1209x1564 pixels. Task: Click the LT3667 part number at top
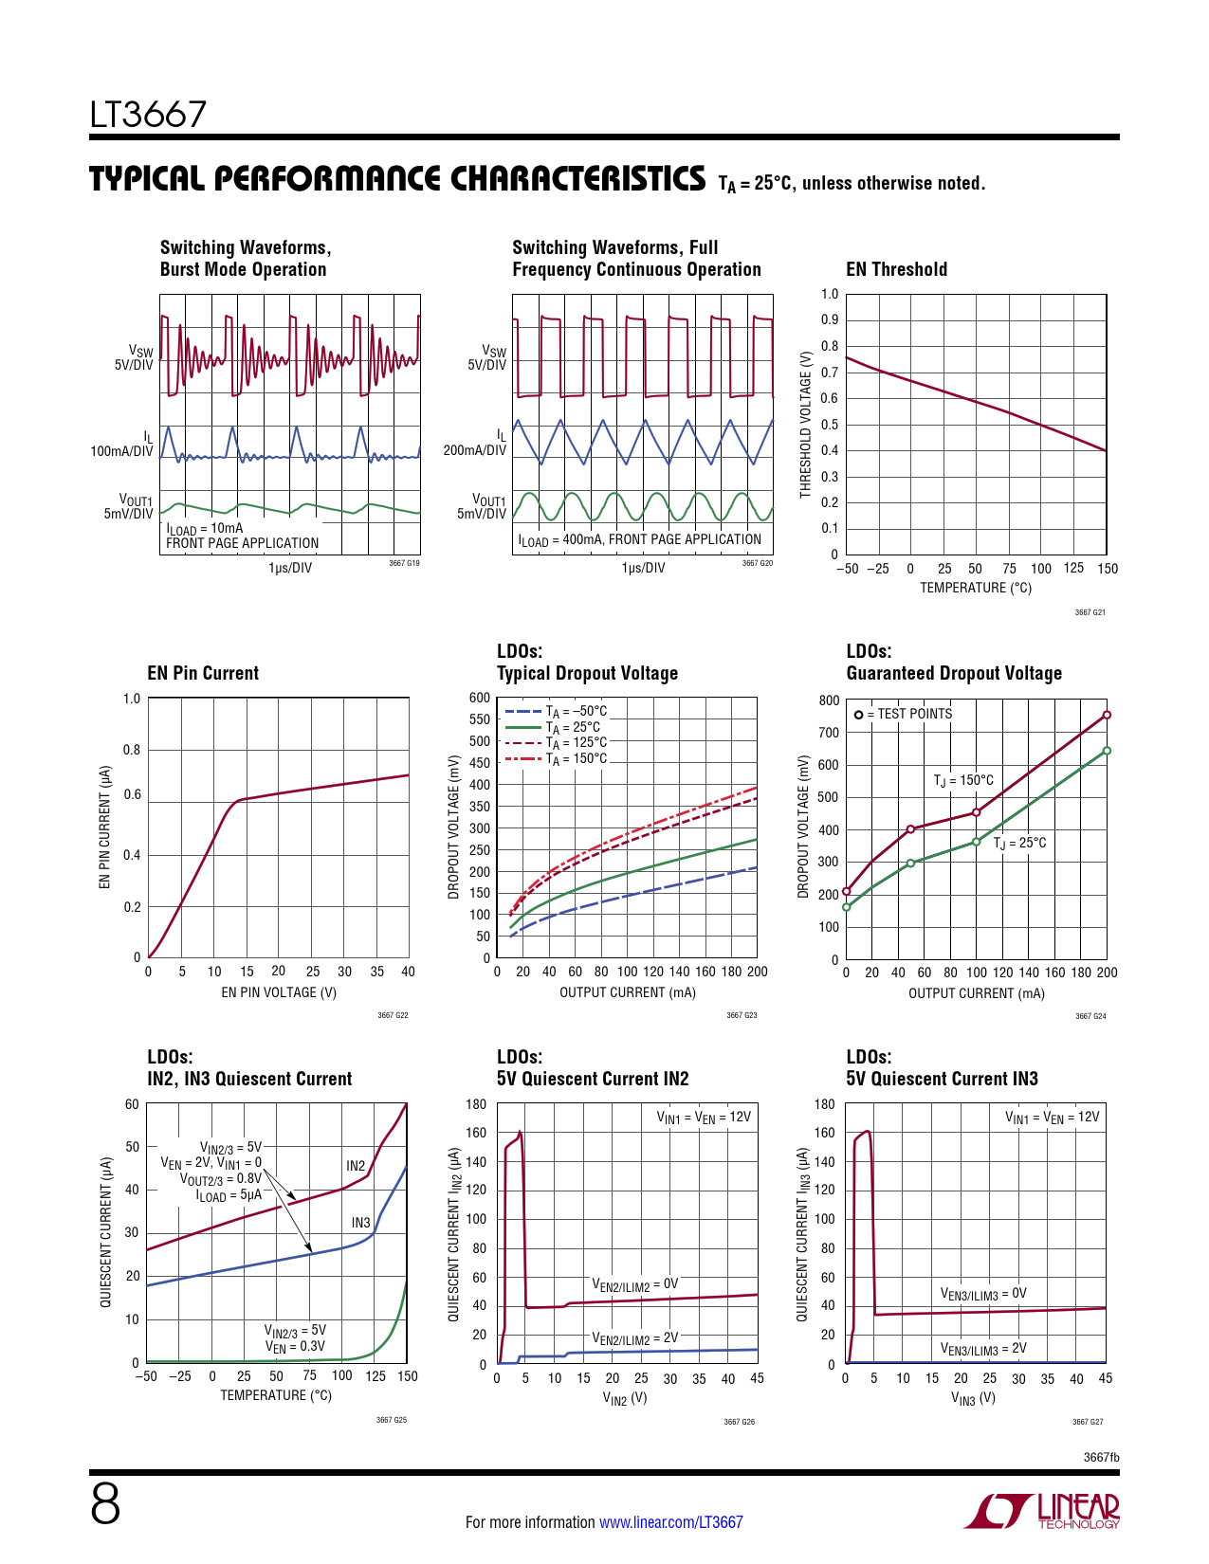pyautogui.click(x=148, y=115)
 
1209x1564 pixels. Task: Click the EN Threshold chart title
pyautogui.click(x=896, y=269)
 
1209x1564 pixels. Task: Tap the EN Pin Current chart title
pyautogui.click(x=203, y=673)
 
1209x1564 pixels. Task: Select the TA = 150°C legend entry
pyautogui.click(x=558, y=759)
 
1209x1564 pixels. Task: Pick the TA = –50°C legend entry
pyautogui.click(x=558, y=711)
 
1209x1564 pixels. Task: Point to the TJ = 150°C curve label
pyautogui.click(x=963, y=780)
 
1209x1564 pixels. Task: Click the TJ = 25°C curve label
pyautogui.click(x=1020, y=843)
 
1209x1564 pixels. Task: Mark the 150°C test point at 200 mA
pyautogui.click(x=1107, y=715)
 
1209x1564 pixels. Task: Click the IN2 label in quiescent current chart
pyautogui.click(x=356, y=1166)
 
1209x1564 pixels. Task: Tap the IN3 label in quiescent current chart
pyautogui.click(x=360, y=1223)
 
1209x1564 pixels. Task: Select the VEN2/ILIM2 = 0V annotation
pyautogui.click(x=635, y=1285)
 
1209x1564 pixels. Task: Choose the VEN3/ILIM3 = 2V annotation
pyautogui.click(x=983, y=1349)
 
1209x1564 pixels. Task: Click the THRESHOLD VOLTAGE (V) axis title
pyautogui.click(x=806, y=425)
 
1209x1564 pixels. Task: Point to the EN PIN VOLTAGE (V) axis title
pyautogui.click(x=279, y=992)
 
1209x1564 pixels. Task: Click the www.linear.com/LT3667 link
pyautogui.click(x=671, y=1522)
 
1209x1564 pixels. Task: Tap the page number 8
pyautogui.click(x=105, y=1504)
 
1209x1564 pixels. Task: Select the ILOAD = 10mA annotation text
pyautogui.click(x=205, y=529)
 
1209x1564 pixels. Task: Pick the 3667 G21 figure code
pyautogui.click(x=1090, y=612)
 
